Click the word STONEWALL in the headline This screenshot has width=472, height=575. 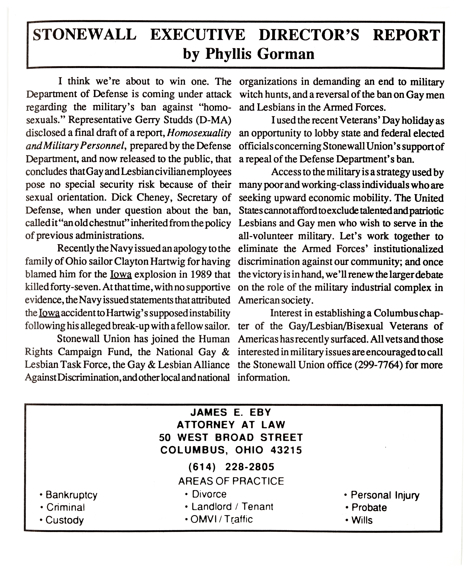84,35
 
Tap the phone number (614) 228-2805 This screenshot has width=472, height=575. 231,467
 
